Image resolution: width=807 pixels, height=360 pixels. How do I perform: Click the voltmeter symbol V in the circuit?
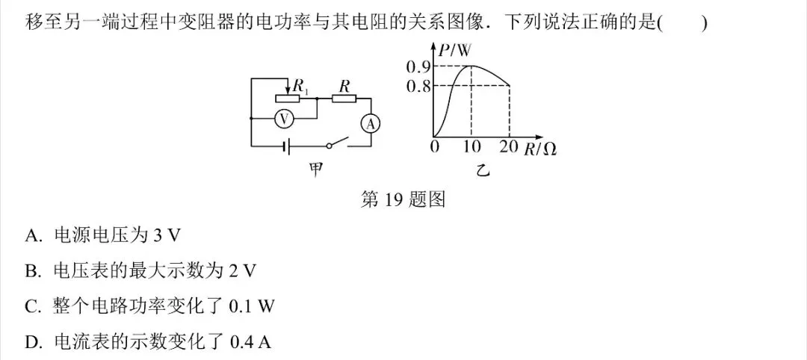[282, 119]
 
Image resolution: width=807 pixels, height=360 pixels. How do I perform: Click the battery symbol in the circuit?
[287, 146]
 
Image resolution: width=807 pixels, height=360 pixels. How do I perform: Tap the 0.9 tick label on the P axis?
[418, 66]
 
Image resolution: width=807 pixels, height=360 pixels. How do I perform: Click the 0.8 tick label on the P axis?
[418, 85]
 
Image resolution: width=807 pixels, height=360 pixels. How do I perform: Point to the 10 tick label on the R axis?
[471, 147]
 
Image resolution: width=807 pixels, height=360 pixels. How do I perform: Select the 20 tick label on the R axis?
[509, 147]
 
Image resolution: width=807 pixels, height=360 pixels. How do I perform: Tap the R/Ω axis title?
[540, 149]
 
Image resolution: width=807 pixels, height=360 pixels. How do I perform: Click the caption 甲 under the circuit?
[315, 170]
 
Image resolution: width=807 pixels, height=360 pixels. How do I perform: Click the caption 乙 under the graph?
[482, 171]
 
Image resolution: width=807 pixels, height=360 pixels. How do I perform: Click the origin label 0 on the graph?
[436, 147]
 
